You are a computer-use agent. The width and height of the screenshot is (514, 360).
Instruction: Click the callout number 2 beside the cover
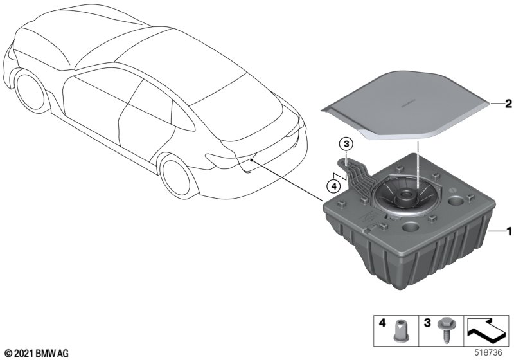(508, 104)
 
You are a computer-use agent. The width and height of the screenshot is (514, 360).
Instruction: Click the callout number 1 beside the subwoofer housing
(509, 231)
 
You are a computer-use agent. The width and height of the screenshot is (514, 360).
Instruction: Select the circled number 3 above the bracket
(347, 143)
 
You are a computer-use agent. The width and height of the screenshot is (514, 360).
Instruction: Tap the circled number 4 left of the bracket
(333, 186)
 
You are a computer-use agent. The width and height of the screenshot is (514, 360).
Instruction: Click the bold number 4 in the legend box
(382, 323)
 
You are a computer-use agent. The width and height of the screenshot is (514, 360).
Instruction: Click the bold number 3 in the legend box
(427, 323)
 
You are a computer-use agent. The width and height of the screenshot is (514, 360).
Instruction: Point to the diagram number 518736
(488, 353)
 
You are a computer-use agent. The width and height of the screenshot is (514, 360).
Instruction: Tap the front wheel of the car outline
(30, 91)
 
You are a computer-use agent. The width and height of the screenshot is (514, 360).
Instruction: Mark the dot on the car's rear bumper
(251, 160)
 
